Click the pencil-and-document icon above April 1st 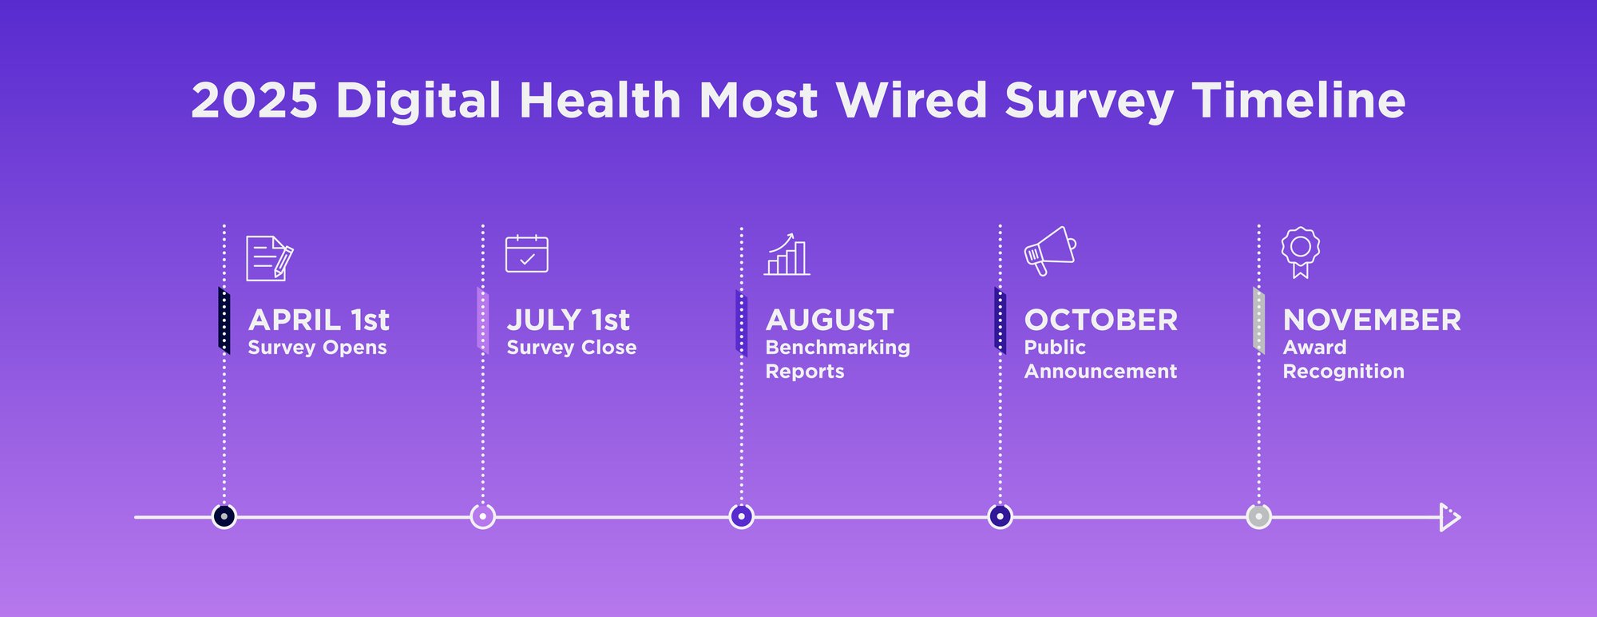click(269, 258)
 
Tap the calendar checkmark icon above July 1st click(527, 254)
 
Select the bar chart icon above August click(787, 256)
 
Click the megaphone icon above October click(1049, 251)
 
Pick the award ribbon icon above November click(1300, 251)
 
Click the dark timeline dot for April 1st click(224, 517)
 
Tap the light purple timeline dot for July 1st click(483, 517)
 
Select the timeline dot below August click(742, 517)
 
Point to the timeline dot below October click(1001, 517)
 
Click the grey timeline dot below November click(1259, 517)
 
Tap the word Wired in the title click(912, 101)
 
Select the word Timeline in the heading click(1298, 101)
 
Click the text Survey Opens click(317, 348)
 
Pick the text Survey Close click(572, 348)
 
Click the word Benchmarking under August click(838, 348)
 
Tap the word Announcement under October click(1100, 372)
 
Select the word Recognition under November click(1343, 372)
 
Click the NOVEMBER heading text click(1372, 320)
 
